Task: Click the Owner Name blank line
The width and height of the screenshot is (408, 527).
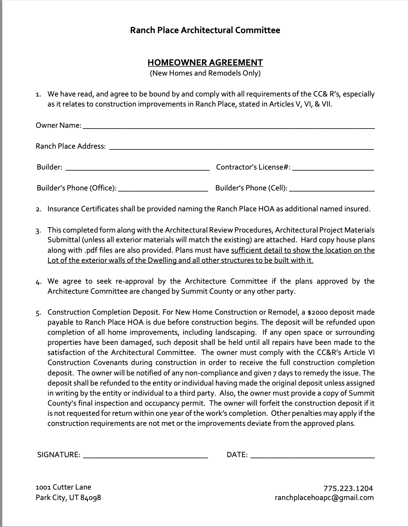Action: point(228,126)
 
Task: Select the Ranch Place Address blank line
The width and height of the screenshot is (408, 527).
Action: point(241,147)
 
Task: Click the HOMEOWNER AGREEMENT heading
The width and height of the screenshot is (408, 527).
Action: point(205,63)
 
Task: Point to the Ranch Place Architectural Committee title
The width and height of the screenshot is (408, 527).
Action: point(205,30)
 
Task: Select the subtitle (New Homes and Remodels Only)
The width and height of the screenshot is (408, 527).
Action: point(205,73)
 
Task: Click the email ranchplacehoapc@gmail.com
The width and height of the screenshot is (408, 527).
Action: point(324,497)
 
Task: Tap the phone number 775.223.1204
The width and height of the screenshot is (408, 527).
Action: point(348,488)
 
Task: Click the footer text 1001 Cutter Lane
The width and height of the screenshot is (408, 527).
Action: point(64,487)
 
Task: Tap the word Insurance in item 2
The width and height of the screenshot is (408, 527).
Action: point(63,209)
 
